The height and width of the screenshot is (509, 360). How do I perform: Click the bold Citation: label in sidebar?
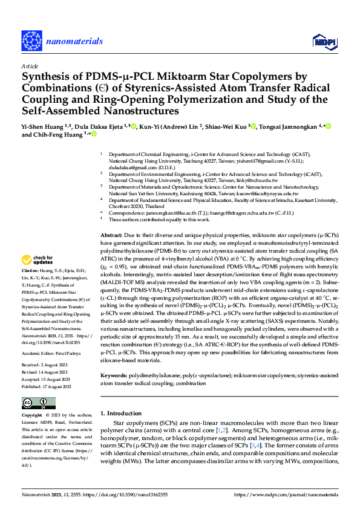(30, 287)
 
